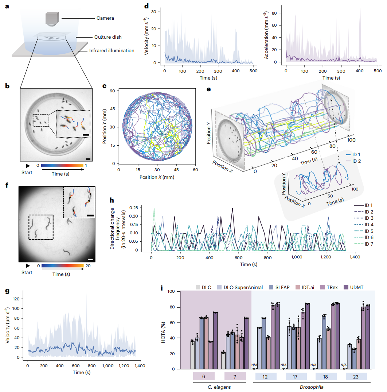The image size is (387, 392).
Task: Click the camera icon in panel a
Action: point(52,19)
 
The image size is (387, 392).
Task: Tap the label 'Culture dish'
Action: point(108,37)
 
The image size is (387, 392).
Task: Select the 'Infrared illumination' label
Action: point(112,50)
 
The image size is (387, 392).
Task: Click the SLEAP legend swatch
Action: point(271,288)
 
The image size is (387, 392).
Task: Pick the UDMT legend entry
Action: point(353,288)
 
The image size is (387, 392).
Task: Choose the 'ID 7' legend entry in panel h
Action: point(363,244)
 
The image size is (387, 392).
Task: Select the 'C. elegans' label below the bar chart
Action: point(219,387)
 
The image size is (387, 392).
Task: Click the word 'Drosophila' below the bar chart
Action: point(312,387)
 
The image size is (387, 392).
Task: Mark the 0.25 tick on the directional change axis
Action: point(134,208)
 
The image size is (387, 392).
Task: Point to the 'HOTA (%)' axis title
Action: point(163,332)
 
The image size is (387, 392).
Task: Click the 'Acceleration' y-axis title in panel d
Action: point(266,35)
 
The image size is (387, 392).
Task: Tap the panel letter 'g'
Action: point(7,291)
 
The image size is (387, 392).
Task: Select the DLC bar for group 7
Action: point(223,361)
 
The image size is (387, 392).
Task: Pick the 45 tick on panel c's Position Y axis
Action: point(112,109)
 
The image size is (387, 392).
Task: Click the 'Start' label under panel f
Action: point(27,273)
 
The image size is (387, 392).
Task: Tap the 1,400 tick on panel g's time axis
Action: point(140,366)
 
